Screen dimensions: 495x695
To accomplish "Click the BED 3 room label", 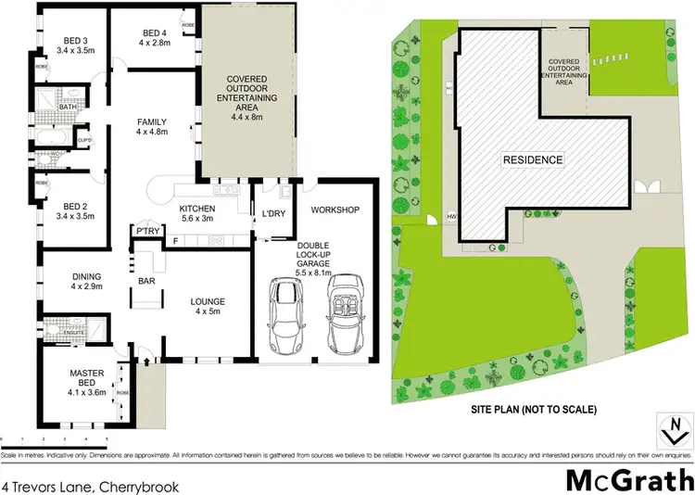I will pyautogui.click(x=74, y=39).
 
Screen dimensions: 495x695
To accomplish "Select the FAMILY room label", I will pyautogui.click(x=151, y=121).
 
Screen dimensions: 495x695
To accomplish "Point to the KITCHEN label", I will pyautogui.click(x=196, y=208).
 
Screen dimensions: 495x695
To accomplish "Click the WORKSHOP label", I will pyautogui.click(x=335, y=210).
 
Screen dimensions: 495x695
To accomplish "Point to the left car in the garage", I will pyautogui.click(x=284, y=315).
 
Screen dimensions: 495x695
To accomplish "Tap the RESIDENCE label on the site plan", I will pyautogui.click(x=532, y=159).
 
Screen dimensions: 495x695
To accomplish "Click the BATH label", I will pyautogui.click(x=67, y=107).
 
